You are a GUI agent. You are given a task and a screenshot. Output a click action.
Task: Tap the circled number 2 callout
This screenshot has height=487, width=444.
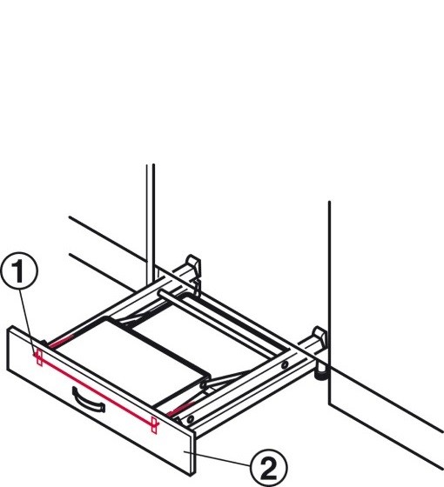[269, 468]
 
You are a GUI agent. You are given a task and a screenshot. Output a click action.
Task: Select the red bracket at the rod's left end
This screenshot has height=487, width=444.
[39, 357]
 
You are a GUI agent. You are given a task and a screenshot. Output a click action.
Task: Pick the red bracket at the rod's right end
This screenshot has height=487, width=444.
[154, 424]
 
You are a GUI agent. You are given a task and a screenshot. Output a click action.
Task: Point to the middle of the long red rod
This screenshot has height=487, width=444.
[97, 390]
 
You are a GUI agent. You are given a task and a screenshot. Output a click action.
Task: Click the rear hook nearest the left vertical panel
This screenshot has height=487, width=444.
[192, 265]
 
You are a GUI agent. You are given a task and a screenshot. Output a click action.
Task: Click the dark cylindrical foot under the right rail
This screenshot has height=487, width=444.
[321, 374]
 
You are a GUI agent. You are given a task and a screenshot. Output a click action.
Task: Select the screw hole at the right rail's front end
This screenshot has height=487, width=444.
[191, 419]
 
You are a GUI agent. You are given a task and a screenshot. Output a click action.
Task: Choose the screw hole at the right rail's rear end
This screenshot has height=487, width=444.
[284, 365]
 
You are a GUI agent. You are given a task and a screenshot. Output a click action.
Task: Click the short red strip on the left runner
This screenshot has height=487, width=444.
[61, 341]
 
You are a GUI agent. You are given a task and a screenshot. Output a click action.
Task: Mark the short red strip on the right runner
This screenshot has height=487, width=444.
[181, 408]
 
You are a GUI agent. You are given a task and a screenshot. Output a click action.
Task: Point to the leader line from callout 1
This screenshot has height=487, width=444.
[28, 322]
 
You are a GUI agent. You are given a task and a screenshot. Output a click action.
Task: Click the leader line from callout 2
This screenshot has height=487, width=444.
[217, 458]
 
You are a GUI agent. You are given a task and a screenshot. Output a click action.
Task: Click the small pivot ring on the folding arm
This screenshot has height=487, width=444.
[204, 385]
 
